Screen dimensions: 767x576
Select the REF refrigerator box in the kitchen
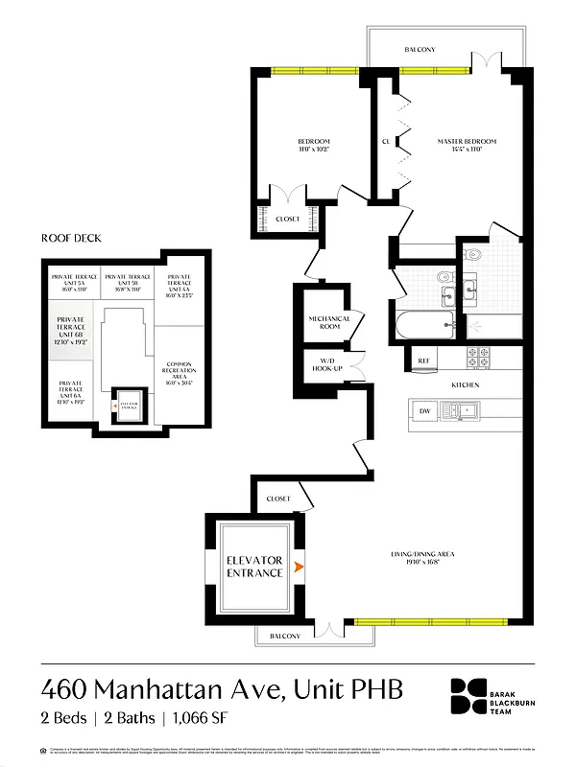pos(422,361)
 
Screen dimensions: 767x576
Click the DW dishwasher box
pos(424,411)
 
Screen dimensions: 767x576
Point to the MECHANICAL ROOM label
pos(328,322)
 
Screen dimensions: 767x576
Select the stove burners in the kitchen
pos(480,359)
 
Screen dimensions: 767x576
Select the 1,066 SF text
pos(198,717)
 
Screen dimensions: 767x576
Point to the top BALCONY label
pos(420,50)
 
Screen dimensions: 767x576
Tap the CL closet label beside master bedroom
pos(386,142)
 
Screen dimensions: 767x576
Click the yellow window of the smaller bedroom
pos(305,70)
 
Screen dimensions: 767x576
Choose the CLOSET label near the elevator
pos(278,499)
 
